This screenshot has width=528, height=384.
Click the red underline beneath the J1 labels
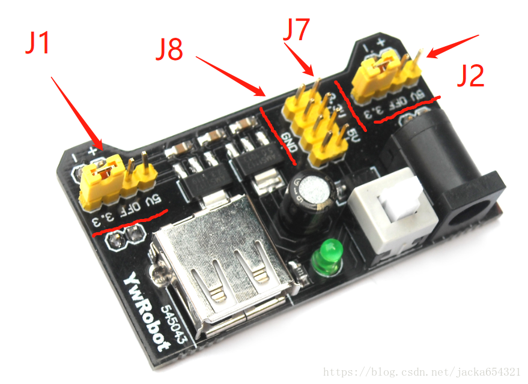(x=129, y=225)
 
